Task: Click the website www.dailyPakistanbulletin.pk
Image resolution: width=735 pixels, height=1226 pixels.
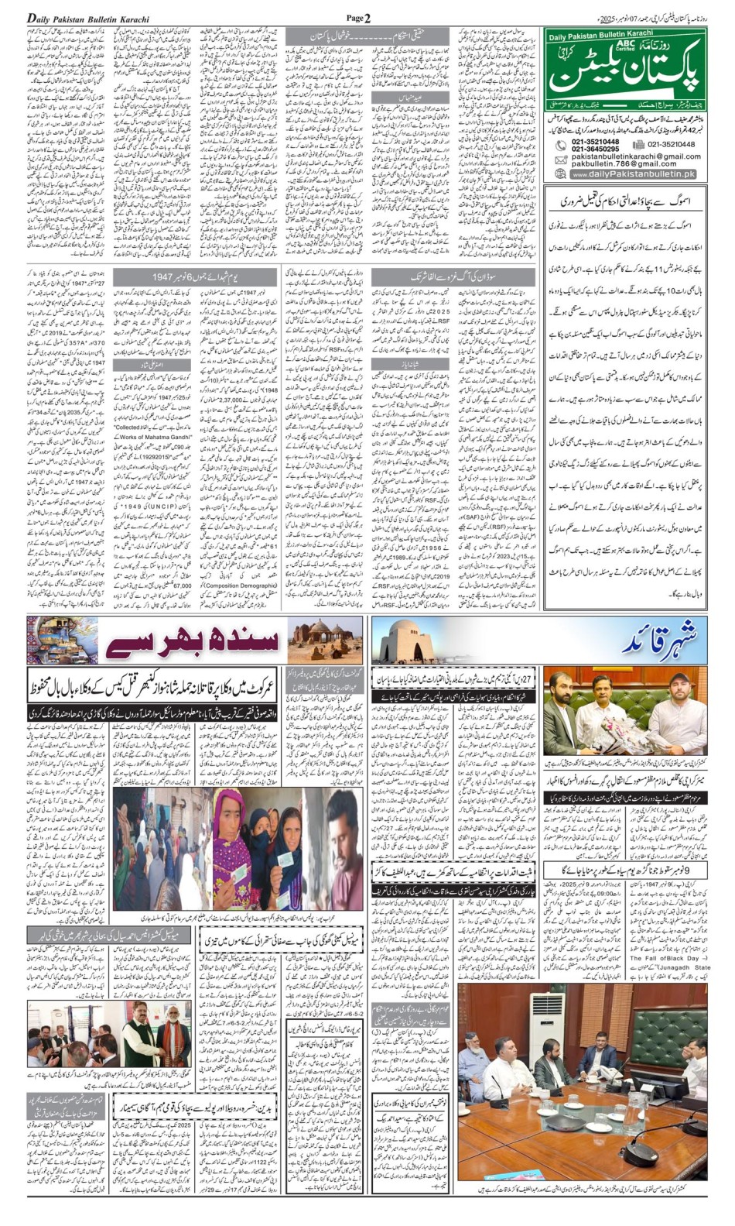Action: coord(633,174)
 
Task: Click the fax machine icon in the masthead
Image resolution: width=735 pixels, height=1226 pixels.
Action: coord(638,144)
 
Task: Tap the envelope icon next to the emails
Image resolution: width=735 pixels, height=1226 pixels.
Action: coord(560,160)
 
